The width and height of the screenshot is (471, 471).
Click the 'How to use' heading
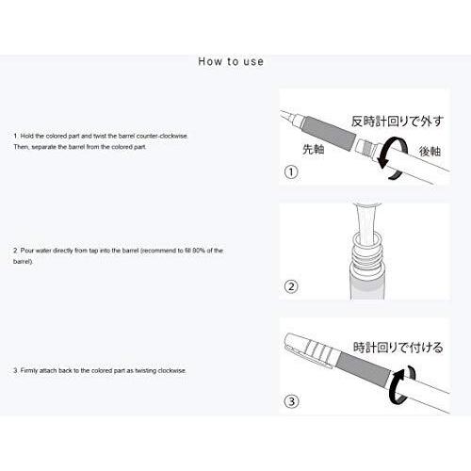point(231,62)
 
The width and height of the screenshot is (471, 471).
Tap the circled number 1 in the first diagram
point(291,174)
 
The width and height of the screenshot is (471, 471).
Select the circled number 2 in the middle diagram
point(291,289)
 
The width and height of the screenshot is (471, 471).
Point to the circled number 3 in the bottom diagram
point(291,402)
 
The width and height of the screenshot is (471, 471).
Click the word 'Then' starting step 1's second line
point(22,149)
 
